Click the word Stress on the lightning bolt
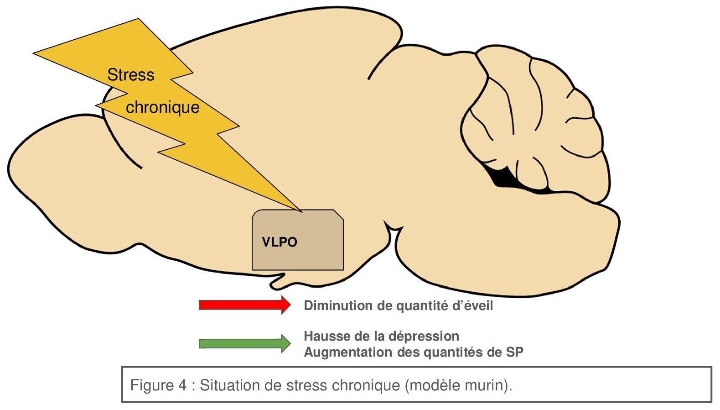[x=131, y=75]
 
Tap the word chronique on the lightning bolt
[x=163, y=107]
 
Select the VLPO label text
[x=279, y=242]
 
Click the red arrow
[x=244, y=305]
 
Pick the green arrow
[x=244, y=343]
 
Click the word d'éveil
[x=472, y=305]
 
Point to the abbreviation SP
[x=515, y=352]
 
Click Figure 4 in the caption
[x=158, y=385]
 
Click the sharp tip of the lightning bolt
[x=300, y=211]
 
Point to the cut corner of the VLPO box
[x=338, y=215]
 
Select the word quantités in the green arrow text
[x=449, y=352]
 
